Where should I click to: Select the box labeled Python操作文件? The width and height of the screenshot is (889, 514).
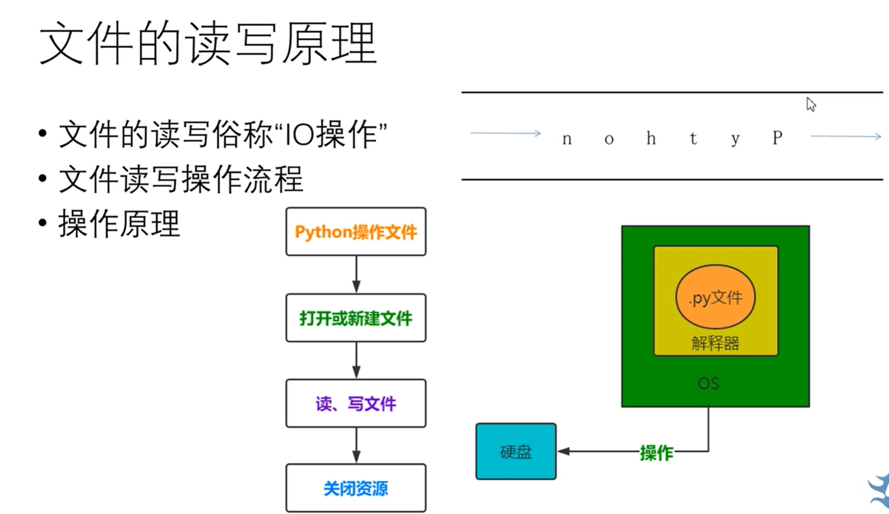tap(356, 232)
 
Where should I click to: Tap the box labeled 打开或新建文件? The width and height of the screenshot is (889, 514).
tap(356, 318)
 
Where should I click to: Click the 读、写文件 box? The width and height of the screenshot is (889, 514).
tap(356, 404)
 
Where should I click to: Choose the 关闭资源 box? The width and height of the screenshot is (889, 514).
tap(356, 489)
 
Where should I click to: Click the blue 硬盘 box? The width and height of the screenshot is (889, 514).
tap(516, 452)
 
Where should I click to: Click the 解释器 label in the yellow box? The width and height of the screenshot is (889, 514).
tap(715, 343)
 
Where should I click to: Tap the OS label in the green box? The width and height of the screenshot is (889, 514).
tap(708, 384)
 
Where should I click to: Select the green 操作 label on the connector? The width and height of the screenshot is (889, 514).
tap(656, 453)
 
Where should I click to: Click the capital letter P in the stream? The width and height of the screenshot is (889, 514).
tap(777, 137)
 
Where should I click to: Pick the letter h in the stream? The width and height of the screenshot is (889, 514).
tap(651, 138)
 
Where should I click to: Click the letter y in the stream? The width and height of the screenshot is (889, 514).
tap(735, 139)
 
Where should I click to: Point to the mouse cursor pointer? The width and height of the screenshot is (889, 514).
tap(810, 104)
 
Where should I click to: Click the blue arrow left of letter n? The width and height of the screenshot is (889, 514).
tap(505, 133)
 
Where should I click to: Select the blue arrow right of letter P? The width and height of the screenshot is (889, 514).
tap(846, 136)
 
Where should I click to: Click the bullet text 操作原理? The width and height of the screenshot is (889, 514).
tap(119, 224)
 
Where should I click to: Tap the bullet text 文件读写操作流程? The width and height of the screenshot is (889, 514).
tap(181, 180)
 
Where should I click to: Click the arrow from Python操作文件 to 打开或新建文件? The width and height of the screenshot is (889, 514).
tap(356, 274)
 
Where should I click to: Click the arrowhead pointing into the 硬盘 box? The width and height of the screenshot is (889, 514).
tap(563, 451)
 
